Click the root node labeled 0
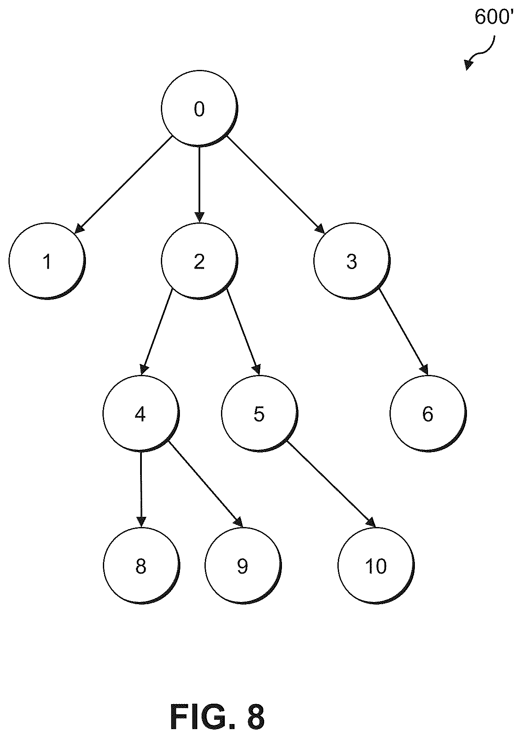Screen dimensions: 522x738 (199, 109)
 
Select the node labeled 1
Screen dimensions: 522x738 (47, 261)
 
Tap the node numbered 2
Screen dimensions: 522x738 (199, 261)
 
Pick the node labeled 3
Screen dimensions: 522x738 (352, 261)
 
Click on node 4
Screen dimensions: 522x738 (141, 414)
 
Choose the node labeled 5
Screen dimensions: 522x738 (260, 414)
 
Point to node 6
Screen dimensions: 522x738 (428, 414)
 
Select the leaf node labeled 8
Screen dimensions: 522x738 (141, 566)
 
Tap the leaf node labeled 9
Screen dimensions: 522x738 (243, 566)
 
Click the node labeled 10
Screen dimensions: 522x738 (376, 566)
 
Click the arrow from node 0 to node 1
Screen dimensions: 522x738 (123, 185)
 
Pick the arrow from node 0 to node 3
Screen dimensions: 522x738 (276, 185)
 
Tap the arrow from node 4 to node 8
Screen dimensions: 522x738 (141, 490)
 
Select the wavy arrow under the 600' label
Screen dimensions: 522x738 (481, 53)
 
